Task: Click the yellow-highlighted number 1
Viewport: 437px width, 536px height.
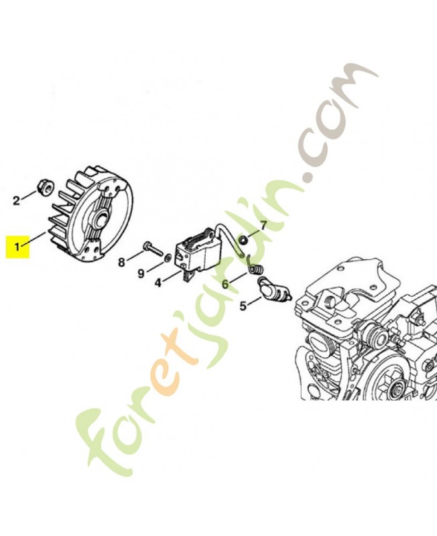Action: pos(17,246)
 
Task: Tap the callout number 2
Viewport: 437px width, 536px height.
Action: pos(16,200)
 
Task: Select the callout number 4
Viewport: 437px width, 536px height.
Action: pos(158,283)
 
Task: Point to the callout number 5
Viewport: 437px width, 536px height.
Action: pos(243,306)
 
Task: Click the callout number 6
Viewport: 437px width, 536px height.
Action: pos(225,283)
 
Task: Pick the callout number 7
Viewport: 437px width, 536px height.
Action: pos(263,225)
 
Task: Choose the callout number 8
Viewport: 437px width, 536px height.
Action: pos(122,263)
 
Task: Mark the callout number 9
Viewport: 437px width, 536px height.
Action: pos(141,274)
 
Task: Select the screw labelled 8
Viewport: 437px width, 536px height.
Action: pos(153,249)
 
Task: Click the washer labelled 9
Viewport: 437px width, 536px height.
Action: pos(168,258)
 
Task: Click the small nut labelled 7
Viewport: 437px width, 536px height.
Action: pos(243,241)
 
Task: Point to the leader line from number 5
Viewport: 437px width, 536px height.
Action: pos(255,301)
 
